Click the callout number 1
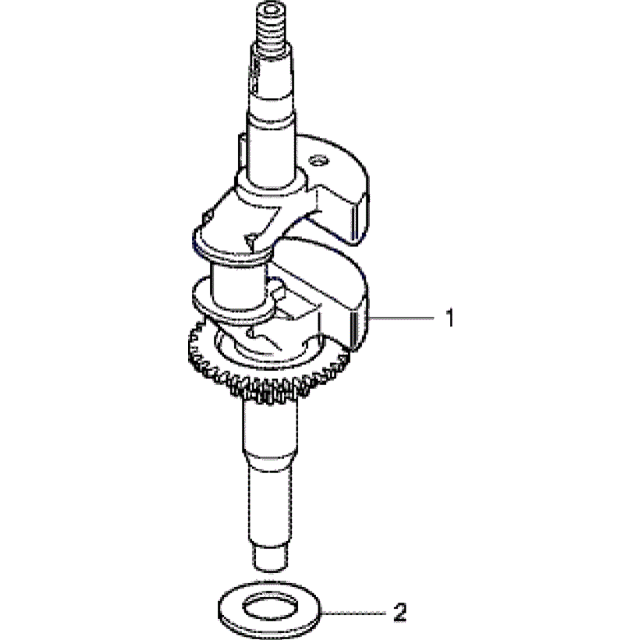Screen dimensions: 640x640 pyautogui.click(x=450, y=318)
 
